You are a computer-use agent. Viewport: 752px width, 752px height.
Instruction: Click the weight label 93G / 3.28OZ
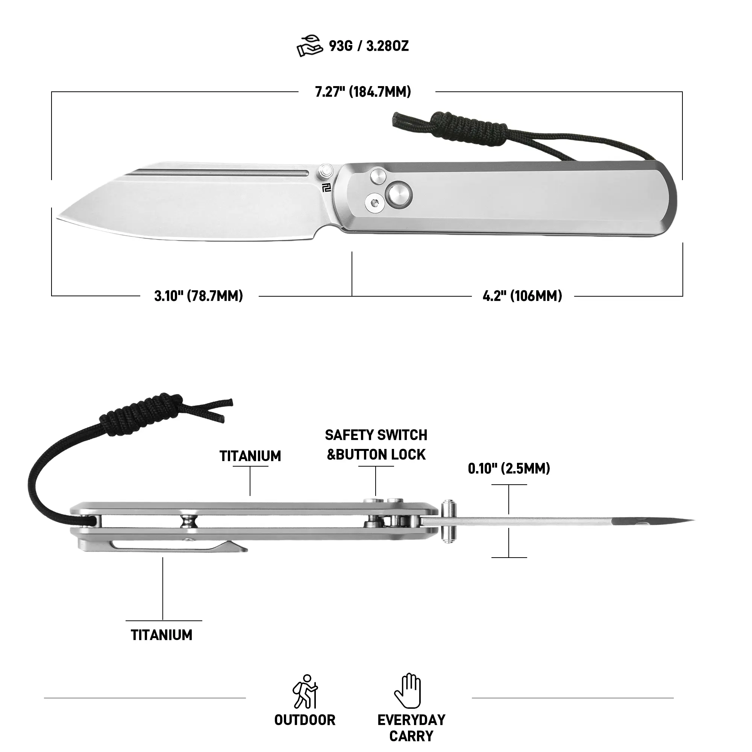point(368,46)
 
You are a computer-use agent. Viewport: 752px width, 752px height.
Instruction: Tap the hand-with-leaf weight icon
point(310,46)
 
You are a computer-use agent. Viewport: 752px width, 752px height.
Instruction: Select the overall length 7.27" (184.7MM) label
point(363,92)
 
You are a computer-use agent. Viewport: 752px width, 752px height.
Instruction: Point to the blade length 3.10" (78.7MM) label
point(199,296)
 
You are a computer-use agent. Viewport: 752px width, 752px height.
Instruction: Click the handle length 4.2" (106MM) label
point(522,296)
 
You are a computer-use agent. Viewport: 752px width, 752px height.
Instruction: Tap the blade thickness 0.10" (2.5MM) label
point(509,468)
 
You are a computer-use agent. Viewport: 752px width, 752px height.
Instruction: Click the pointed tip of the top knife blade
point(58,217)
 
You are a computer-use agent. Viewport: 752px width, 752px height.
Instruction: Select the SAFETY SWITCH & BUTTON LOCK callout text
point(376,444)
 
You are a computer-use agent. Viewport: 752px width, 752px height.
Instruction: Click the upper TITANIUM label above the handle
point(250,456)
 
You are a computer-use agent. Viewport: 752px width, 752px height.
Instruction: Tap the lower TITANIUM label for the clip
point(162,635)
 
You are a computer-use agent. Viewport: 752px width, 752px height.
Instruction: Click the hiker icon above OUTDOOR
point(305,691)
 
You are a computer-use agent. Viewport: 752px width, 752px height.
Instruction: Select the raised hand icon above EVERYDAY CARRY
point(408,690)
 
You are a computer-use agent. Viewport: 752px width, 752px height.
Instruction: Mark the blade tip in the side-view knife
point(693,520)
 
